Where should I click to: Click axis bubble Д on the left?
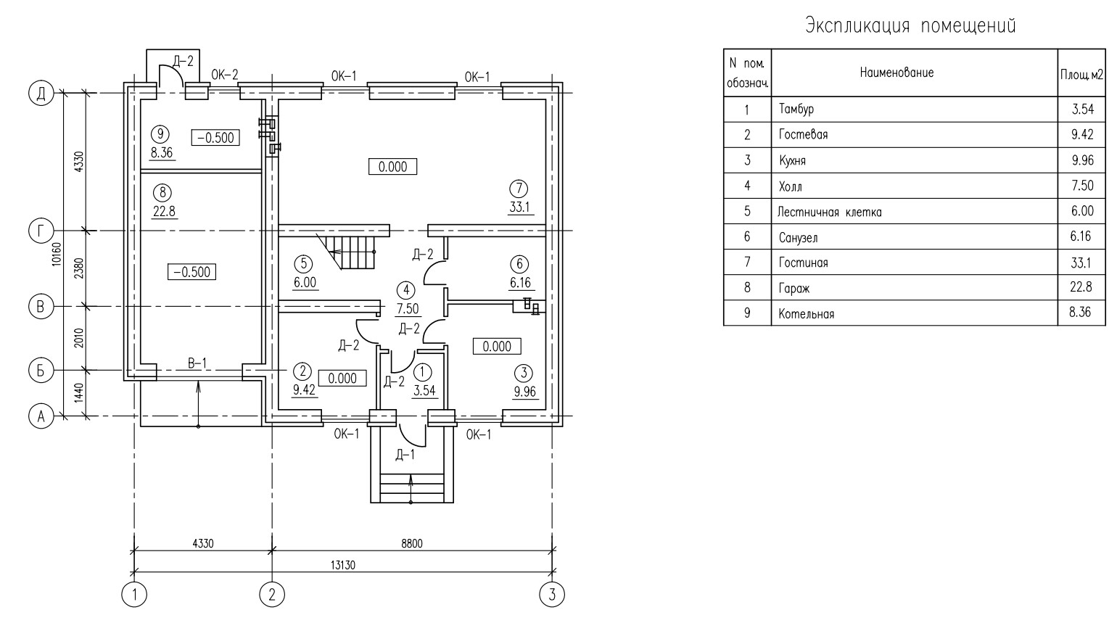(41, 94)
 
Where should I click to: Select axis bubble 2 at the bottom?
(272, 595)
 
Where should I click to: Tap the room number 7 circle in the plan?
(519, 189)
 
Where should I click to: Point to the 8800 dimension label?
(412, 543)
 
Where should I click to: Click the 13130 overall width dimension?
(343, 565)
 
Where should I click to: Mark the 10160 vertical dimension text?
(57, 255)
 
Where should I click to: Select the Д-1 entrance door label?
(405, 455)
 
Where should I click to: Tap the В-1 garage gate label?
(197, 363)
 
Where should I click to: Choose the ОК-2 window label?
(224, 75)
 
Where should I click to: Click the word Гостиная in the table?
(804, 263)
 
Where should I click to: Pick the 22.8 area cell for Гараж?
(1081, 286)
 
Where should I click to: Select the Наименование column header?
(897, 73)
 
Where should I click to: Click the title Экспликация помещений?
(910, 25)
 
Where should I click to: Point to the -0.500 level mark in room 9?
(215, 138)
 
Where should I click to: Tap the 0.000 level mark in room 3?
(497, 346)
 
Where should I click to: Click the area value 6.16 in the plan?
(520, 283)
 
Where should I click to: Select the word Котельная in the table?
(807, 314)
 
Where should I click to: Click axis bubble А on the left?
(41, 416)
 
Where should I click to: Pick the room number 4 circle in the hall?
(406, 290)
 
